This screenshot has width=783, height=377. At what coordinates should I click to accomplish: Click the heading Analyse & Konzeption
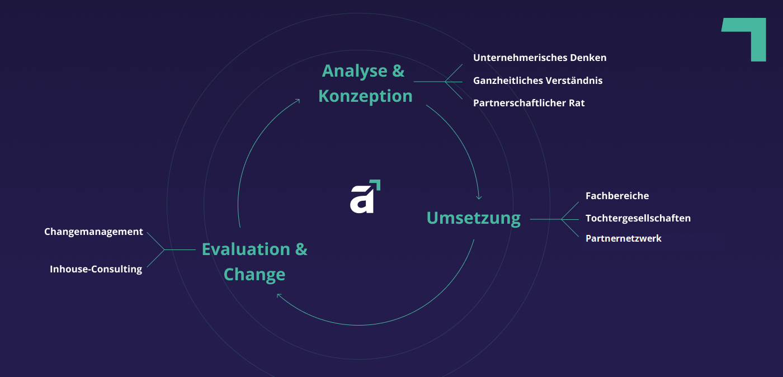(x=365, y=84)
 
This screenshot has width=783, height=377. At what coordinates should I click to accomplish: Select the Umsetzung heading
(x=474, y=218)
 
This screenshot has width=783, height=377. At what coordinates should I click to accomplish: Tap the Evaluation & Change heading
(x=254, y=262)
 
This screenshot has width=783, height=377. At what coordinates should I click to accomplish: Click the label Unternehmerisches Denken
(x=540, y=58)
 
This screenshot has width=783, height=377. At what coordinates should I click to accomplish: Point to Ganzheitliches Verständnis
(x=537, y=81)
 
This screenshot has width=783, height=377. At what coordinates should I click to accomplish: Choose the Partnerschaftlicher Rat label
(x=529, y=103)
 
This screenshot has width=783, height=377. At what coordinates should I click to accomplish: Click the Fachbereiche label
(x=617, y=196)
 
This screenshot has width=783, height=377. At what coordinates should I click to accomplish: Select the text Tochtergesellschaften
(x=638, y=218)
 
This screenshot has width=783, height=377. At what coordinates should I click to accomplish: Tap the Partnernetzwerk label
(x=624, y=238)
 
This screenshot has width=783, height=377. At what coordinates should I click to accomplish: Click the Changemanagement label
(x=94, y=232)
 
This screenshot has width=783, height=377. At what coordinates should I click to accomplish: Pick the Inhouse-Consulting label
(x=96, y=269)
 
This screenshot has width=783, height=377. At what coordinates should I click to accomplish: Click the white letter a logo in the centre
(x=362, y=199)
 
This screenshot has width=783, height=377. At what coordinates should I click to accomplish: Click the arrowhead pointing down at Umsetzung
(x=479, y=197)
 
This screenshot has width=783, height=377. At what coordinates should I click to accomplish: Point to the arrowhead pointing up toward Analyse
(x=298, y=101)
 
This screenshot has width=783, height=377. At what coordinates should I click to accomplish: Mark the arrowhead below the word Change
(x=279, y=296)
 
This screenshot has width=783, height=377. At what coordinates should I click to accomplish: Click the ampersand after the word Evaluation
(x=301, y=249)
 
